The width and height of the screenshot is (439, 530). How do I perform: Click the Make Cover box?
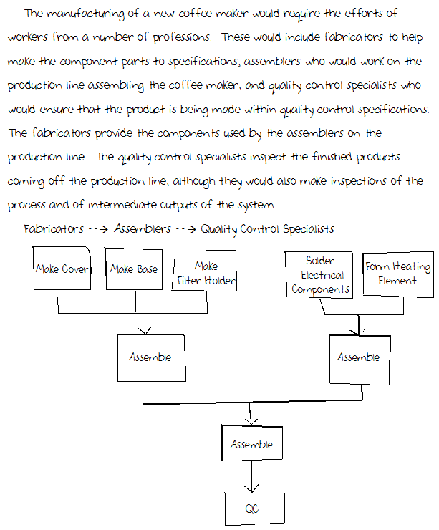[x=62, y=269]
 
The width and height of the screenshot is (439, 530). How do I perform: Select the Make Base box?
[x=134, y=269]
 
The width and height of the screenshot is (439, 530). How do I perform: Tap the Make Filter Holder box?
[x=206, y=274]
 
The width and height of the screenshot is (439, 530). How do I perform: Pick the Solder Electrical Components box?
[x=319, y=275]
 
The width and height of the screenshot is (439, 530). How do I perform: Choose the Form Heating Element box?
[x=397, y=274]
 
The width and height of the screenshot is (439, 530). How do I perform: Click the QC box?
[x=251, y=509]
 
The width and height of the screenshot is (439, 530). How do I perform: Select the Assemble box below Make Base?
[x=150, y=357]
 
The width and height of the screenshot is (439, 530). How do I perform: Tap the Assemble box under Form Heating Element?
[x=358, y=357]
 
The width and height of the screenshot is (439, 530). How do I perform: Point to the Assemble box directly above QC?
[x=251, y=445]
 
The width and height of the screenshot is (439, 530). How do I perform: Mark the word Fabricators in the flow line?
[x=53, y=229]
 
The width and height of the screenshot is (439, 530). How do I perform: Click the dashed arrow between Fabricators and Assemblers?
[x=98, y=229]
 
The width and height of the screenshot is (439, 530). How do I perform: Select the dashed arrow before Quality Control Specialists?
[x=186, y=229]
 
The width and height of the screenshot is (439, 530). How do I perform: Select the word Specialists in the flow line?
[x=309, y=229]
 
